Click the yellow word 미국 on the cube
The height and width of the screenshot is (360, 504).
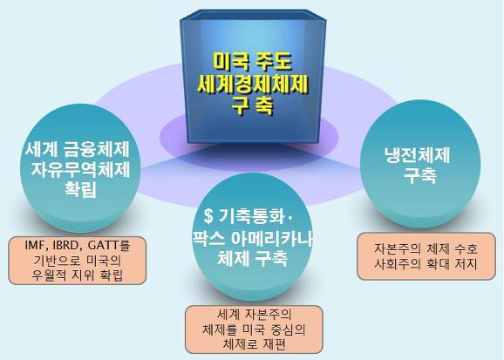231,62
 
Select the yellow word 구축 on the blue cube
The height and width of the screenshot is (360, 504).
253,105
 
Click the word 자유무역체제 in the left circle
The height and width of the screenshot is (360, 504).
81,169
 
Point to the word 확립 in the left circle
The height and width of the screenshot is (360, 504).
81,188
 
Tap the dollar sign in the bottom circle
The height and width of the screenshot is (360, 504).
208,216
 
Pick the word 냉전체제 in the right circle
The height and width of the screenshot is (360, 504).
417,155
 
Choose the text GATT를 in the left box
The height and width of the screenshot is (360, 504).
109,246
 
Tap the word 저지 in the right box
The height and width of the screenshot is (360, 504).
467,264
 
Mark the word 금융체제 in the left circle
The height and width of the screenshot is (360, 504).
97,150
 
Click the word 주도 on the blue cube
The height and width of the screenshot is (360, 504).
274,62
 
